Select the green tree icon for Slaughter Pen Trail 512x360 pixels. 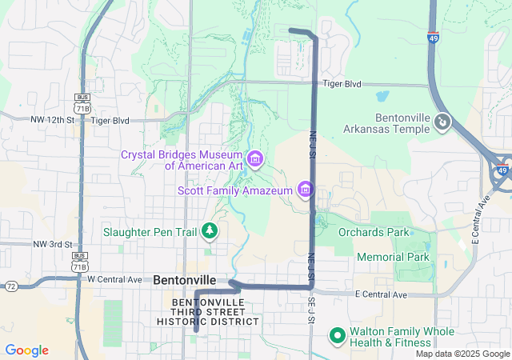point(210,232)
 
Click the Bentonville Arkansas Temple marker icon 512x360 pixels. point(443,122)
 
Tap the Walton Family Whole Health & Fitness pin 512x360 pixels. point(338,337)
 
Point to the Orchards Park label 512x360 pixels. point(373,233)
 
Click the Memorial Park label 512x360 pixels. point(393,257)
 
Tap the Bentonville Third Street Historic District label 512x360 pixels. point(215,312)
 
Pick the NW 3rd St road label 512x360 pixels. point(52,244)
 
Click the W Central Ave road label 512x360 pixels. point(114,279)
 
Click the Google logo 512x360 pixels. point(26,350)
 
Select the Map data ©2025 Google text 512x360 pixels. point(462,354)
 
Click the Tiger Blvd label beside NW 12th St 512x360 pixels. point(110,120)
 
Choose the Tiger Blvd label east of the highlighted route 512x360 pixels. point(342,83)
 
